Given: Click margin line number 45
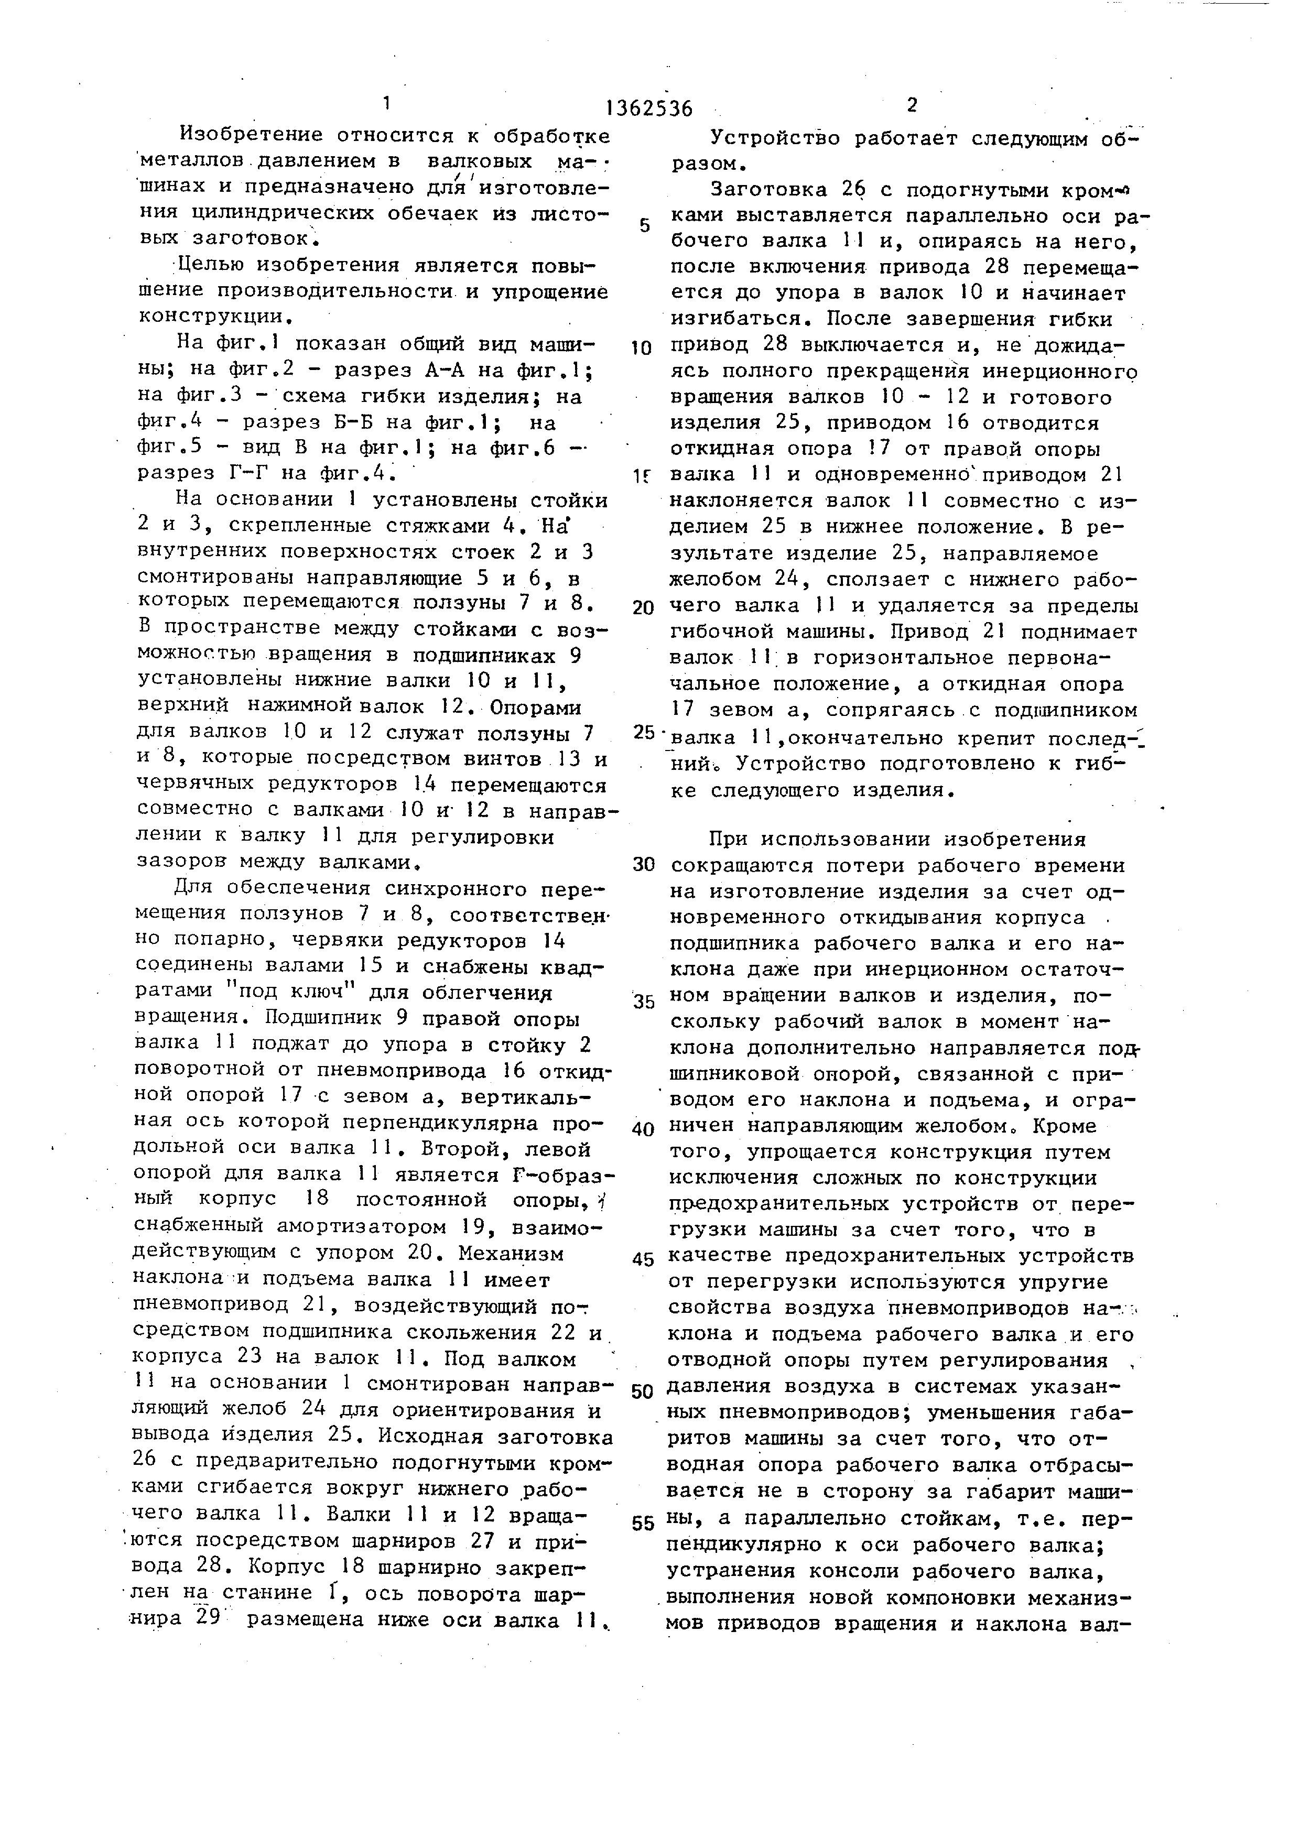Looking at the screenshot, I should coord(644,1259).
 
